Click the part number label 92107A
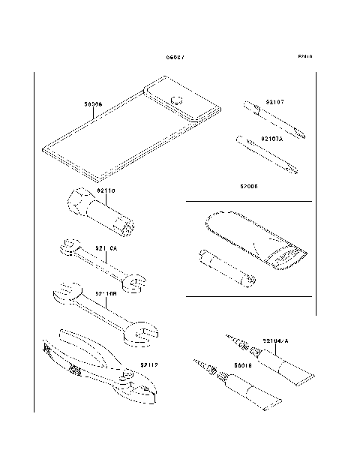click(271, 139)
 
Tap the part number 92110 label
click(106, 190)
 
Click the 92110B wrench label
click(106, 295)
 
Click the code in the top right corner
click(304, 57)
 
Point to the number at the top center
click(175, 58)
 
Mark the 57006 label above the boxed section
click(248, 186)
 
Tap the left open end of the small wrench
click(67, 245)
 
